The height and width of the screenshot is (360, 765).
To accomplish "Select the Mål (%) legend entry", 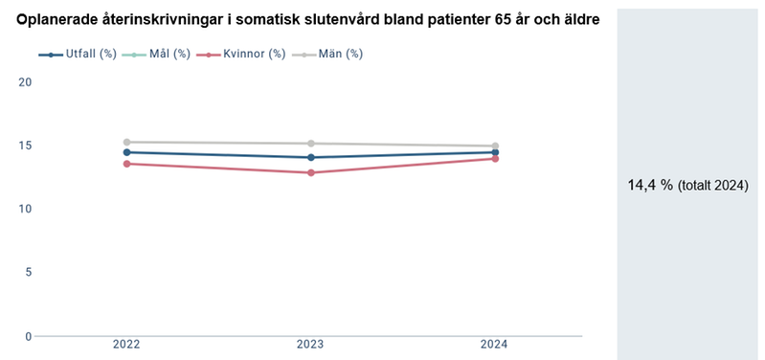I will point(158,54).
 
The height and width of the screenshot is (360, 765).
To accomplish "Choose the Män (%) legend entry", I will point(326,54).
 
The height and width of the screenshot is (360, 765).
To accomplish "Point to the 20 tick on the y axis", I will point(26,82).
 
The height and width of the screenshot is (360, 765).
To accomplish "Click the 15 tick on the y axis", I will point(26,146).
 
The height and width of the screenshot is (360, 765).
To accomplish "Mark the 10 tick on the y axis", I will point(26,209).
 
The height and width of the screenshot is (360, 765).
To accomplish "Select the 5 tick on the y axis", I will point(29,272).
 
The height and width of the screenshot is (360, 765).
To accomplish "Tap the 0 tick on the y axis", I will point(29,336).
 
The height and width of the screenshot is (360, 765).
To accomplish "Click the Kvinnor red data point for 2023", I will point(310,172).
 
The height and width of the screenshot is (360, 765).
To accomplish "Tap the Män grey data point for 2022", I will point(126,142).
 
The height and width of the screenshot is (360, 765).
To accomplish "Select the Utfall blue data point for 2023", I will point(310,157).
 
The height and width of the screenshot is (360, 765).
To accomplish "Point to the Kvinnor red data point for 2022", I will point(126,164).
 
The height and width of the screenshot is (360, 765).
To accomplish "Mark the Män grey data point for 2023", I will point(310,144).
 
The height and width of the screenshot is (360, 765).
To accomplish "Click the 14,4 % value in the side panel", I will point(649,185).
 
